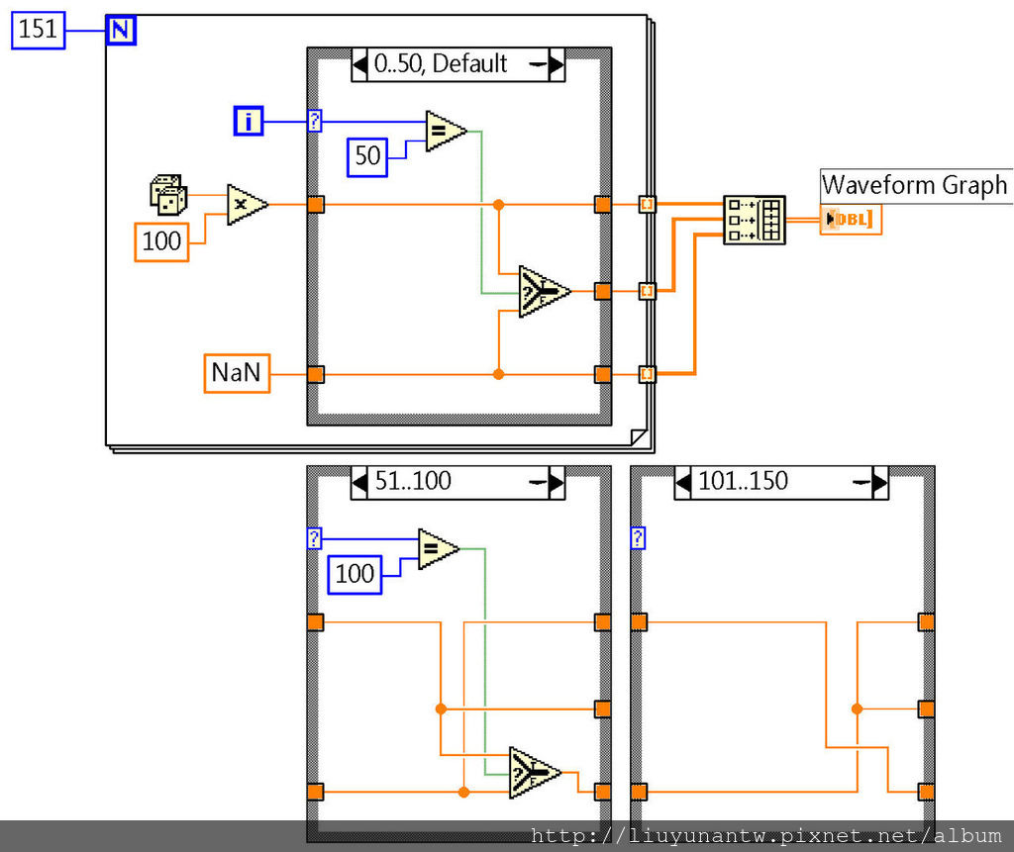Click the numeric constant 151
click(x=38, y=30)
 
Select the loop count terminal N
click(x=120, y=30)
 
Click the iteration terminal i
click(x=249, y=122)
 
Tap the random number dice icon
click(x=166, y=193)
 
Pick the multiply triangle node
click(x=246, y=205)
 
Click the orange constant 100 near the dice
click(x=161, y=241)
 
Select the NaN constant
click(x=237, y=373)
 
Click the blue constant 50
click(x=366, y=156)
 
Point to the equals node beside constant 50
click(x=445, y=131)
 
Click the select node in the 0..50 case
click(x=543, y=291)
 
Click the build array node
click(x=754, y=220)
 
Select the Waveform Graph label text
click(x=914, y=185)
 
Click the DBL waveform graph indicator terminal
click(x=851, y=220)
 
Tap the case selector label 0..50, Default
click(x=441, y=64)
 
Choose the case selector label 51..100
click(x=413, y=482)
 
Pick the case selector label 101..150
click(x=744, y=482)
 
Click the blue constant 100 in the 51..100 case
click(x=355, y=574)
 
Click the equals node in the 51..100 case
click(x=437, y=549)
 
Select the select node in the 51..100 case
click(x=534, y=772)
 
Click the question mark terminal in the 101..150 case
click(x=639, y=538)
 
